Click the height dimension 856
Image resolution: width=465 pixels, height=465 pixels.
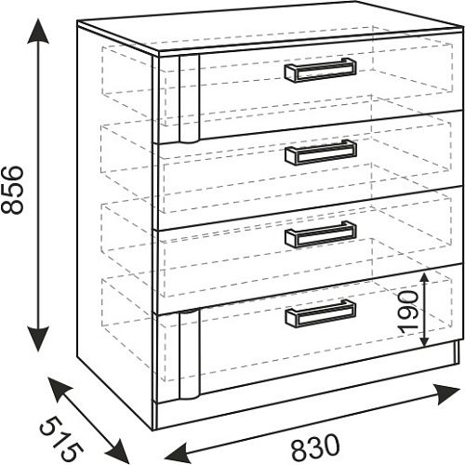point(12,190)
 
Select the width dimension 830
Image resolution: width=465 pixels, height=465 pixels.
point(315,447)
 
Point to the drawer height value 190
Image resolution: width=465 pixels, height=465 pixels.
point(407,312)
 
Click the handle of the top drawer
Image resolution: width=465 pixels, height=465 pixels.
point(320,70)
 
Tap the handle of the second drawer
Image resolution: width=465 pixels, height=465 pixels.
point(321,153)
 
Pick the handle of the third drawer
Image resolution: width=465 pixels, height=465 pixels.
point(321,234)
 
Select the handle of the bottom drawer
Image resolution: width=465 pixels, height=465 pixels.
point(321,313)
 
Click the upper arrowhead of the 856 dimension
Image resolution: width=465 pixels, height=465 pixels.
point(38,30)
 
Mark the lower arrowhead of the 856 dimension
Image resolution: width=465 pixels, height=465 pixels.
point(38,339)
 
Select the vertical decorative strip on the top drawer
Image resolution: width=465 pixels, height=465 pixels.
point(189,100)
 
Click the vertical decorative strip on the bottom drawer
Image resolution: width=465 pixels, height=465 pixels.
point(189,353)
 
